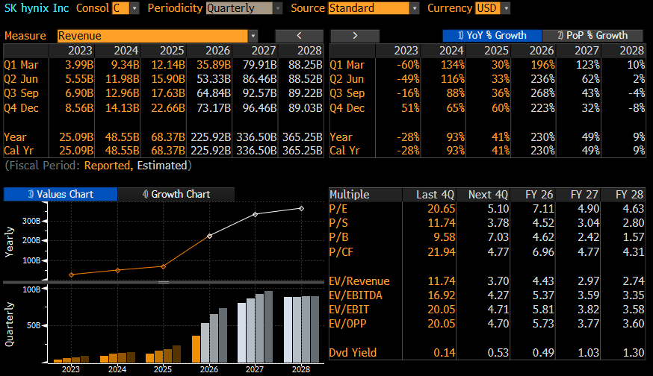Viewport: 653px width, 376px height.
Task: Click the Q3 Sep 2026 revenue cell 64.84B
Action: (214, 93)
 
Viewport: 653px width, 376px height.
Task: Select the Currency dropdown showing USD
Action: (492, 8)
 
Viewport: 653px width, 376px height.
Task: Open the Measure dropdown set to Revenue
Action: (157, 36)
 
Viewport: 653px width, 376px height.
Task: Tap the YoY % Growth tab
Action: (492, 35)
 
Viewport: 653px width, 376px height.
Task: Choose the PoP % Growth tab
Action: (592, 35)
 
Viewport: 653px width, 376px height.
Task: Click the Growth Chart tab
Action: (176, 194)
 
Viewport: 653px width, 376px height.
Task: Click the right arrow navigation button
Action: (355, 36)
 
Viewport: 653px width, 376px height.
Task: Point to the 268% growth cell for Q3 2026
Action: (543, 93)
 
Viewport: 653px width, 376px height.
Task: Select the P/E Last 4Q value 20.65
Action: (441, 208)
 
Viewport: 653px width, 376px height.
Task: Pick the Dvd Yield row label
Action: (353, 352)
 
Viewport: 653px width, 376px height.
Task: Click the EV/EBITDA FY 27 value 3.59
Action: (589, 295)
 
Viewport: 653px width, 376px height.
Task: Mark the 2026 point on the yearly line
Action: (209, 236)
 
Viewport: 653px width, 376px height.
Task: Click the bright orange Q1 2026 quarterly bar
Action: (196, 349)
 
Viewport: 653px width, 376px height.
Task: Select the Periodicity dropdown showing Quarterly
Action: (244, 8)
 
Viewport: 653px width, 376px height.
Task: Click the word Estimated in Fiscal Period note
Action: (162, 166)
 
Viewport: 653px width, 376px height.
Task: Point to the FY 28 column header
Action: (629, 194)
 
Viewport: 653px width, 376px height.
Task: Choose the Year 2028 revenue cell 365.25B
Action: (303, 137)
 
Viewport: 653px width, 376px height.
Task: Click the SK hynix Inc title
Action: (37, 8)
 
